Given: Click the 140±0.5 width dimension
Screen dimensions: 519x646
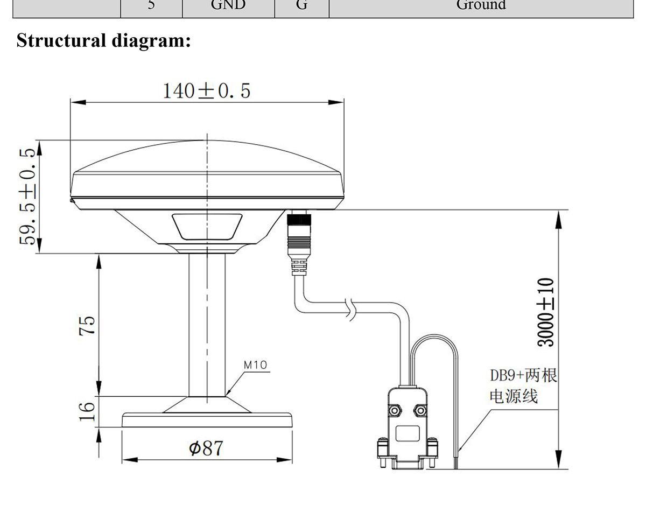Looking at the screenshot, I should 207,90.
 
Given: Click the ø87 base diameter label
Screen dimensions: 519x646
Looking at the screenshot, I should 206,447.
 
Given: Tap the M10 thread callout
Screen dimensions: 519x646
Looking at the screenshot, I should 255,364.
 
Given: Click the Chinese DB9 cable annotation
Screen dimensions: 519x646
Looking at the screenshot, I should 522,385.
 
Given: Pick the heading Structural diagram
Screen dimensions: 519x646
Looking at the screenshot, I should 103,40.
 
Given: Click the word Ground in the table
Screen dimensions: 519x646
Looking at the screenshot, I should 481,5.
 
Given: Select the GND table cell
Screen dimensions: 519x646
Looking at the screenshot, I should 228,5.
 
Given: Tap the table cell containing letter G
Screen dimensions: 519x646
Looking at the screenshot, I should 301,5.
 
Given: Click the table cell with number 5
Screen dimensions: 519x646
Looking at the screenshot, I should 151,5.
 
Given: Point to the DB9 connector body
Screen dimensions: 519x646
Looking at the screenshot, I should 407,431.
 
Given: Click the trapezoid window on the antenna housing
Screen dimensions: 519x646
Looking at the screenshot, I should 207,226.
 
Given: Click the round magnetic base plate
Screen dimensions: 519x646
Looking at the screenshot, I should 207,420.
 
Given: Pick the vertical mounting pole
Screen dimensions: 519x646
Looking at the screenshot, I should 207,323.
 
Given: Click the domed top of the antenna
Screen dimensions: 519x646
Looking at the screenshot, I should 207,159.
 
